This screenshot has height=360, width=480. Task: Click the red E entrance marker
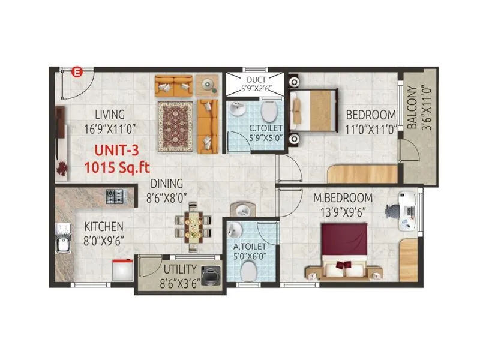tap(76, 73)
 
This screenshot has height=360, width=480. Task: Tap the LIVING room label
tap(109, 115)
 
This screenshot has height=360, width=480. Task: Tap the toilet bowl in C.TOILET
tap(269, 111)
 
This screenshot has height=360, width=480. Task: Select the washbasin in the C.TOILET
tap(236, 110)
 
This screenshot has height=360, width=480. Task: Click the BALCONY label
tap(412, 116)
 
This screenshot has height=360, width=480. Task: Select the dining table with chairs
tap(193, 227)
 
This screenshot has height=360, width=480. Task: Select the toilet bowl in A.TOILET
tap(246, 271)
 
